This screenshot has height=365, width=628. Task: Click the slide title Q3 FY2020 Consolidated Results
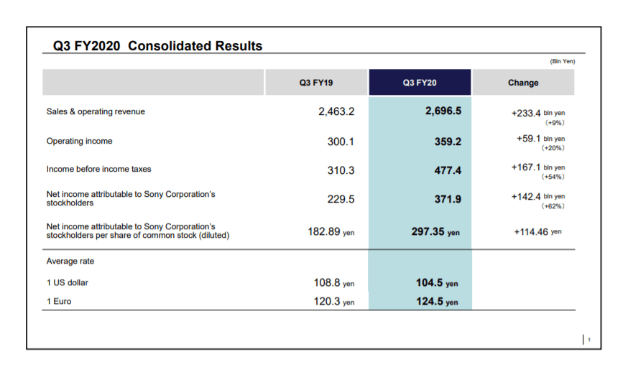(157, 46)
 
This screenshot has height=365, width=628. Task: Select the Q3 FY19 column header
(316, 83)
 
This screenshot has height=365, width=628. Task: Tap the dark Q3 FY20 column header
(420, 83)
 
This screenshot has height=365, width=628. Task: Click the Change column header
(522, 83)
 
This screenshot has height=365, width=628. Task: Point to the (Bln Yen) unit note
(563, 61)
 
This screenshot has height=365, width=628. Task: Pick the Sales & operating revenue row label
(96, 112)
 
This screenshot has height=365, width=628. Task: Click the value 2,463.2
(336, 112)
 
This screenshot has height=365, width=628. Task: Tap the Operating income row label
(79, 142)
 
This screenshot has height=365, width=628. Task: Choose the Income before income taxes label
(98, 170)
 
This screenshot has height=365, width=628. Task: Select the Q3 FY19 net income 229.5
(341, 199)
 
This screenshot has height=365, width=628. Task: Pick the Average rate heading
(70, 261)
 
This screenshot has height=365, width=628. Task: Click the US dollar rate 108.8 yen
(335, 283)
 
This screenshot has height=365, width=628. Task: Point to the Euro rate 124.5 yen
(437, 302)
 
